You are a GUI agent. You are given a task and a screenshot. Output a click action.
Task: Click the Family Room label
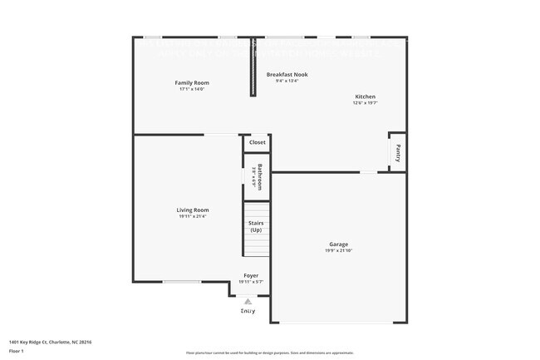point(191,82)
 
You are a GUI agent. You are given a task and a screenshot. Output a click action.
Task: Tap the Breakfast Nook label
point(287,74)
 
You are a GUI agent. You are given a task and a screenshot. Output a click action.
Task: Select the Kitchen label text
point(366,96)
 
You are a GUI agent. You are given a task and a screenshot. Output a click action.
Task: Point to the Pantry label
point(398,153)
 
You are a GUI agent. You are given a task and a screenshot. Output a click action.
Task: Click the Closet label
point(257,142)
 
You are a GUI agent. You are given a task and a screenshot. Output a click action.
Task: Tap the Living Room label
point(192,210)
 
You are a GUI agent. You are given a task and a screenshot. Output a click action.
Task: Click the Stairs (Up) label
point(256,226)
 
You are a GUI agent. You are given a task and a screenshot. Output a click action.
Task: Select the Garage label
point(338,244)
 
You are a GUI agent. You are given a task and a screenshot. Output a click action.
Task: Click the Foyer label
point(250,275)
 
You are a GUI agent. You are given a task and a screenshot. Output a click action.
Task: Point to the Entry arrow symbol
point(248,302)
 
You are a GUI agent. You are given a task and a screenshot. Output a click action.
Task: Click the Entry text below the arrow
point(248,310)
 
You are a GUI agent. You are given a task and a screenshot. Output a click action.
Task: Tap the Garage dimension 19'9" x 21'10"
point(338,250)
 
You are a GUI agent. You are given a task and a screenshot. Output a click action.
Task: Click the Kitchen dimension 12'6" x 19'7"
point(366,103)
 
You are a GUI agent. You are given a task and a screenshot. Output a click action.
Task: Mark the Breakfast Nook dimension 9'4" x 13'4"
point(287,81)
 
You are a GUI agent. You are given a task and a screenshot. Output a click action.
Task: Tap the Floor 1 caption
point(16,351)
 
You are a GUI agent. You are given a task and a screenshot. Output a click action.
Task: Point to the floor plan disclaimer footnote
point(269,353)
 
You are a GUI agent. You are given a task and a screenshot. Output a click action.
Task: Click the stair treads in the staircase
point(256,245)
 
